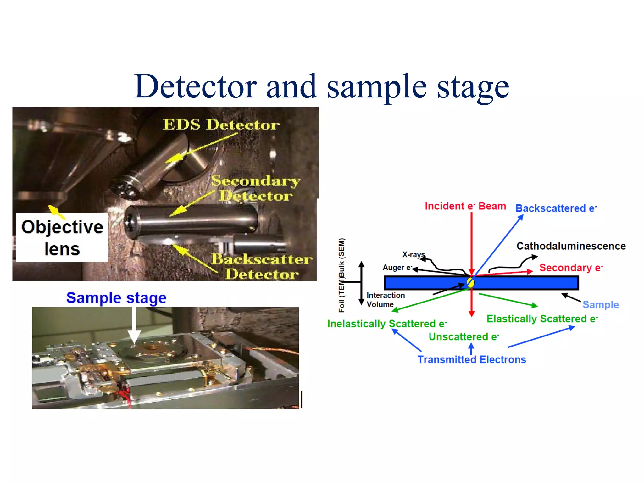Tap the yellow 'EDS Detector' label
coord(221,125)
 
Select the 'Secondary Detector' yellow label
coord(255,188)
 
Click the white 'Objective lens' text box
coord(62,237)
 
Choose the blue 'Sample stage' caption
coord(116,297)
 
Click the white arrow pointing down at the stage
coord(134,325)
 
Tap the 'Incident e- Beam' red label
coord(465,206)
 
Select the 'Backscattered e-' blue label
coord(556,208)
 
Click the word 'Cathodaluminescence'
coord(571,246)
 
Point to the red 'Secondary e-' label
coord(571,268)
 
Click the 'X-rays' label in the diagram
coord(413,254)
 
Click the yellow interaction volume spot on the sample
coord(470,282)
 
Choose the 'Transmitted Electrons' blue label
coord(471,359)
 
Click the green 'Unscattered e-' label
coord(464,337)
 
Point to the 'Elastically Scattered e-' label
coord(542,319)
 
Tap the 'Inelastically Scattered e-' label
coord(387,324)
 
